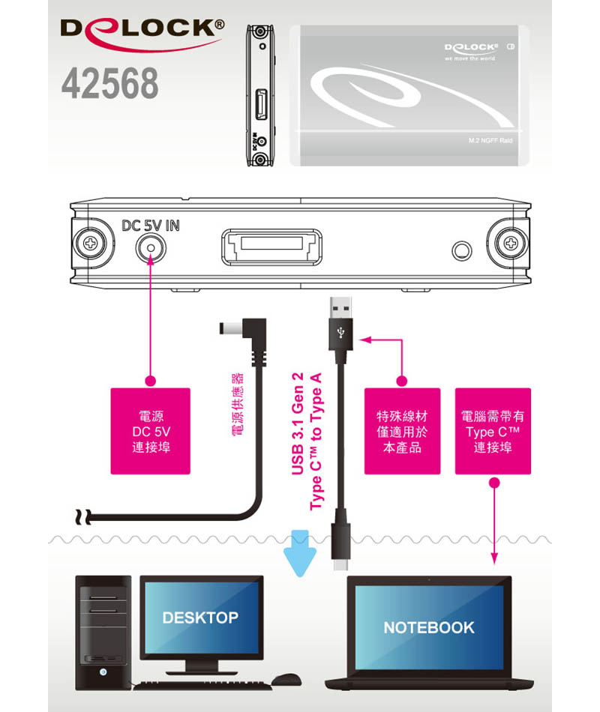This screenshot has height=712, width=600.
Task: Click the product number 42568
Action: [x=109, y=84]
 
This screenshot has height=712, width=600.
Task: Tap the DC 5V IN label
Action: [x=151, y=225]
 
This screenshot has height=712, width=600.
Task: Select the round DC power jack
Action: [x=151, y=247]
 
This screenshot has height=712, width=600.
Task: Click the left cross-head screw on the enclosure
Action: [x=90, y=244]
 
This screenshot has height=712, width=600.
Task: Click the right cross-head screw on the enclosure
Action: [x=511, y=244]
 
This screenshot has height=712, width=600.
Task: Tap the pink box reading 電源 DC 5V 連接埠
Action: [x=150, y=431]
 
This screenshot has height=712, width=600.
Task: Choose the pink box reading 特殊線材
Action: [x=401, y=431]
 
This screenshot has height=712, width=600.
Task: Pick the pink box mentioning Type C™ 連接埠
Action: [x=493, y=431]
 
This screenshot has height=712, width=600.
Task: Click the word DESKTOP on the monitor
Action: [x=199, y=618]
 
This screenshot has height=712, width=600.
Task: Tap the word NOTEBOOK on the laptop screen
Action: [x=428, y=627]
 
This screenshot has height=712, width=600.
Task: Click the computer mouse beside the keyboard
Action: [x=285, y=680]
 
